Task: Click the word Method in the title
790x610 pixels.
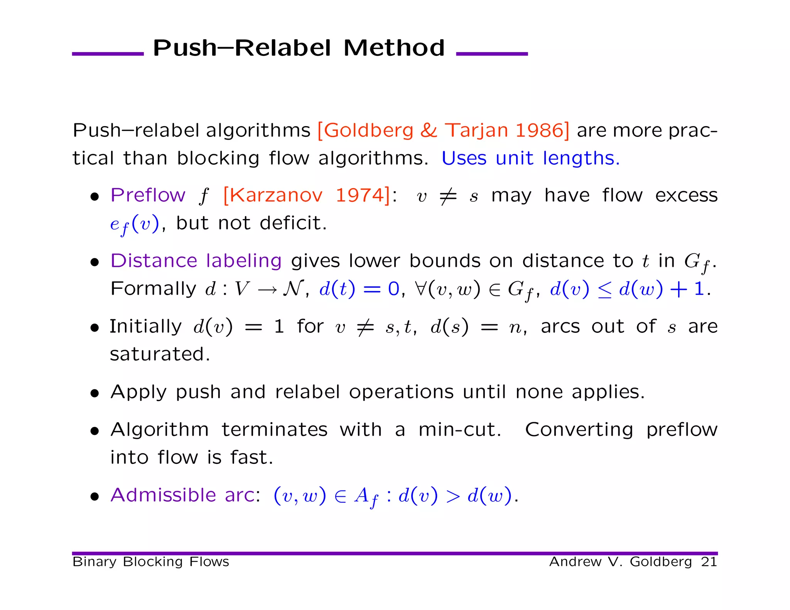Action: pos(394,48)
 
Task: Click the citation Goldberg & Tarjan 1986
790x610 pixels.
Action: pos(443,130)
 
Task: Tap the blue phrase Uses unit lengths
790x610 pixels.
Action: pos(530,158)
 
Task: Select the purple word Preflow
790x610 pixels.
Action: pos(148,195)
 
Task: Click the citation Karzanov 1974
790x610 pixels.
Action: pos(307,195)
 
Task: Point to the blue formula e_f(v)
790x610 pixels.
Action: pos(134,224)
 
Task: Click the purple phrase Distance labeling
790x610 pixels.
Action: pos(196,261)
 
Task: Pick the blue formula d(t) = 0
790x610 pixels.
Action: pos(359,289)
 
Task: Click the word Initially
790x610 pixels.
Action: pos(145,326)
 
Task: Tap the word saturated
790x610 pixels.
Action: pos(160,354)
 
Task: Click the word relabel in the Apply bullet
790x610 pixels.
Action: pos(307,392)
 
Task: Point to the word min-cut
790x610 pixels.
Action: pos(459,430)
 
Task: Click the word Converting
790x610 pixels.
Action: pos(579,430)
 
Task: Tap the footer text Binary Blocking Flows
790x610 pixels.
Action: pos(151,562)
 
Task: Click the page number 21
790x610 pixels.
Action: pos(709,562)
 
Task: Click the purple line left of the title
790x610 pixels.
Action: pos(108,54)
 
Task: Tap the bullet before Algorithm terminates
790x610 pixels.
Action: pos(95,431)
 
